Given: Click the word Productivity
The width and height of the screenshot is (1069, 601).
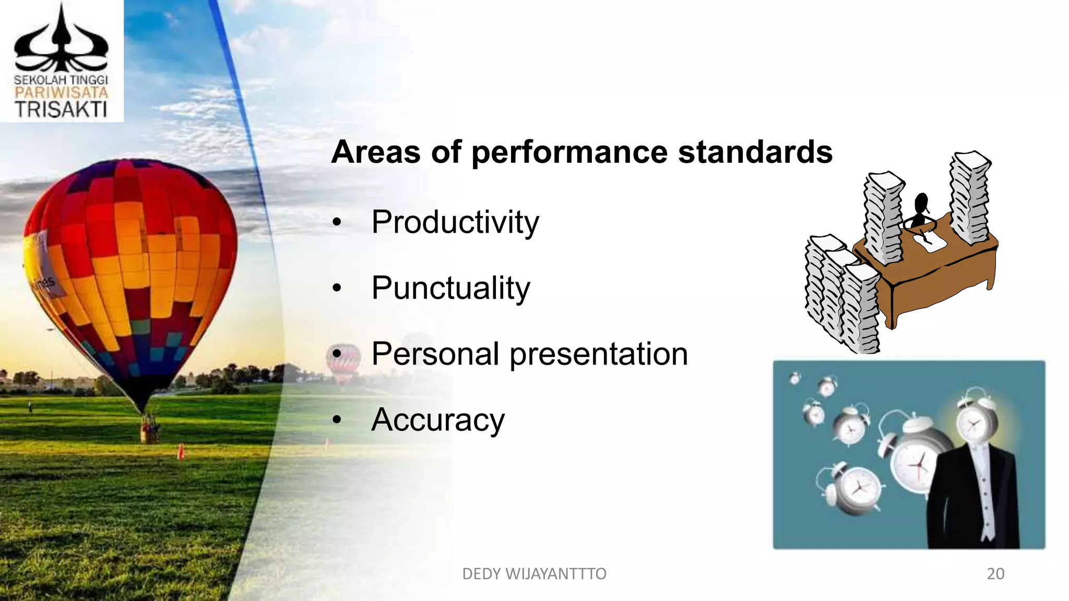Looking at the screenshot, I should pos(455,222).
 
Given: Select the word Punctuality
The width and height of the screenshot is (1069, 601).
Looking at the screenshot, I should pos(450,288).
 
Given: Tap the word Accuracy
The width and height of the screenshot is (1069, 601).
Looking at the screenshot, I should pos(438,420).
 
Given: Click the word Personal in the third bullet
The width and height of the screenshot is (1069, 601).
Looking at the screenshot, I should pos(435,354).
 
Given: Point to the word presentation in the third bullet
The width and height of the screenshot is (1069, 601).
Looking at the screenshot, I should pos(598,355).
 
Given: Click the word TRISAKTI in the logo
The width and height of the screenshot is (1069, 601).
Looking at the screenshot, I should pos(61,110).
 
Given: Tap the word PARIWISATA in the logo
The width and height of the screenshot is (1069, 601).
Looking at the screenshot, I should pos(61,93).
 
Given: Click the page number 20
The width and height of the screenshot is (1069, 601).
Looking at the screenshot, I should pos(995,574).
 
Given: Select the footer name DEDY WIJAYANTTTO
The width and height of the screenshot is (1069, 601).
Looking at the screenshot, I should pos(534,574).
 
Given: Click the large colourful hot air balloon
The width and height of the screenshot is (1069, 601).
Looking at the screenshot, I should pos(130,271).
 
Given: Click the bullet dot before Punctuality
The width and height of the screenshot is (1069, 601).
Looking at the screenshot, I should pos(337,288).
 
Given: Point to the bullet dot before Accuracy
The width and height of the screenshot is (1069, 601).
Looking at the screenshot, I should pos(337,420).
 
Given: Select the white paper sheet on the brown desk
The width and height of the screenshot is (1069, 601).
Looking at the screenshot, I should pos(930,241).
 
